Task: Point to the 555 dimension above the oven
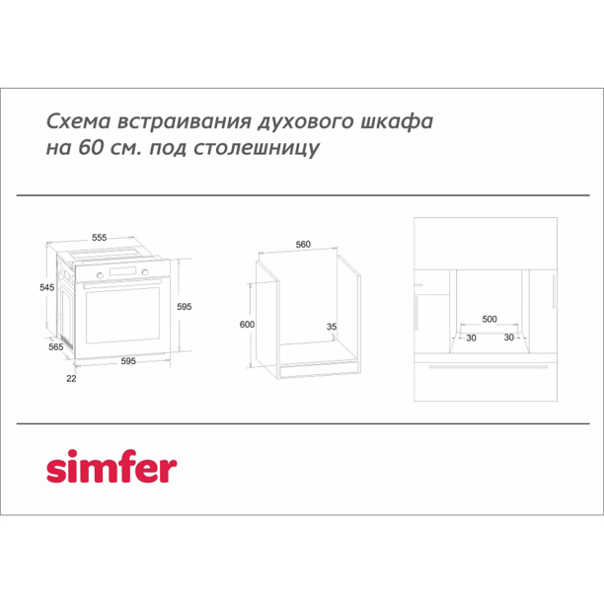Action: [x=100, y=238]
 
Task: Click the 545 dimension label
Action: [x=34, y=288]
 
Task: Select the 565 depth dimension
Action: [x=56, y=347]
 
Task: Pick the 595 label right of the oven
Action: [x=184, y=308]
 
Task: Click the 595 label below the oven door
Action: [x=128, y=360]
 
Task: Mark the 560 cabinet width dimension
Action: [x=303, y=244]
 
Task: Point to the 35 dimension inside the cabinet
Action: [x=332, y=326]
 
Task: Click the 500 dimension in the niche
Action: [x=490, y=320]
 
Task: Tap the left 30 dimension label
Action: [x=471, y=338]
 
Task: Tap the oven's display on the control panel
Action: [x=123, y=271]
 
